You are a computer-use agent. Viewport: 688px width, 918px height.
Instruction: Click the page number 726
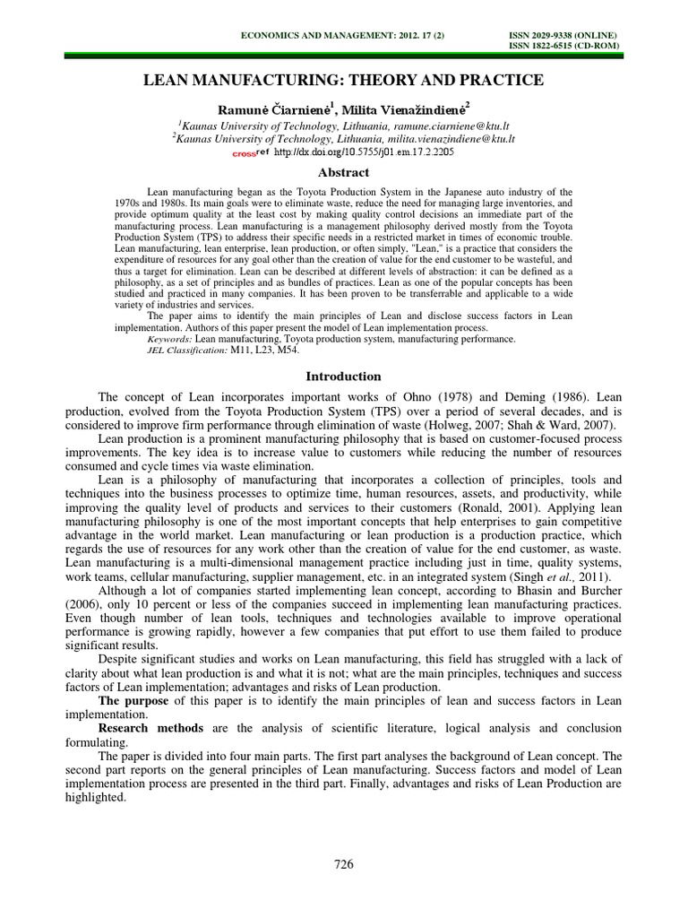coord(343,864)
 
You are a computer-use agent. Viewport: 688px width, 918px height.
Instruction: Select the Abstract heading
coord(344,173)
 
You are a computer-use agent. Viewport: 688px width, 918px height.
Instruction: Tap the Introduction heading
coord(344,377)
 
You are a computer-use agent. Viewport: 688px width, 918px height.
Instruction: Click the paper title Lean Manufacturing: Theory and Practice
coord(344,81)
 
